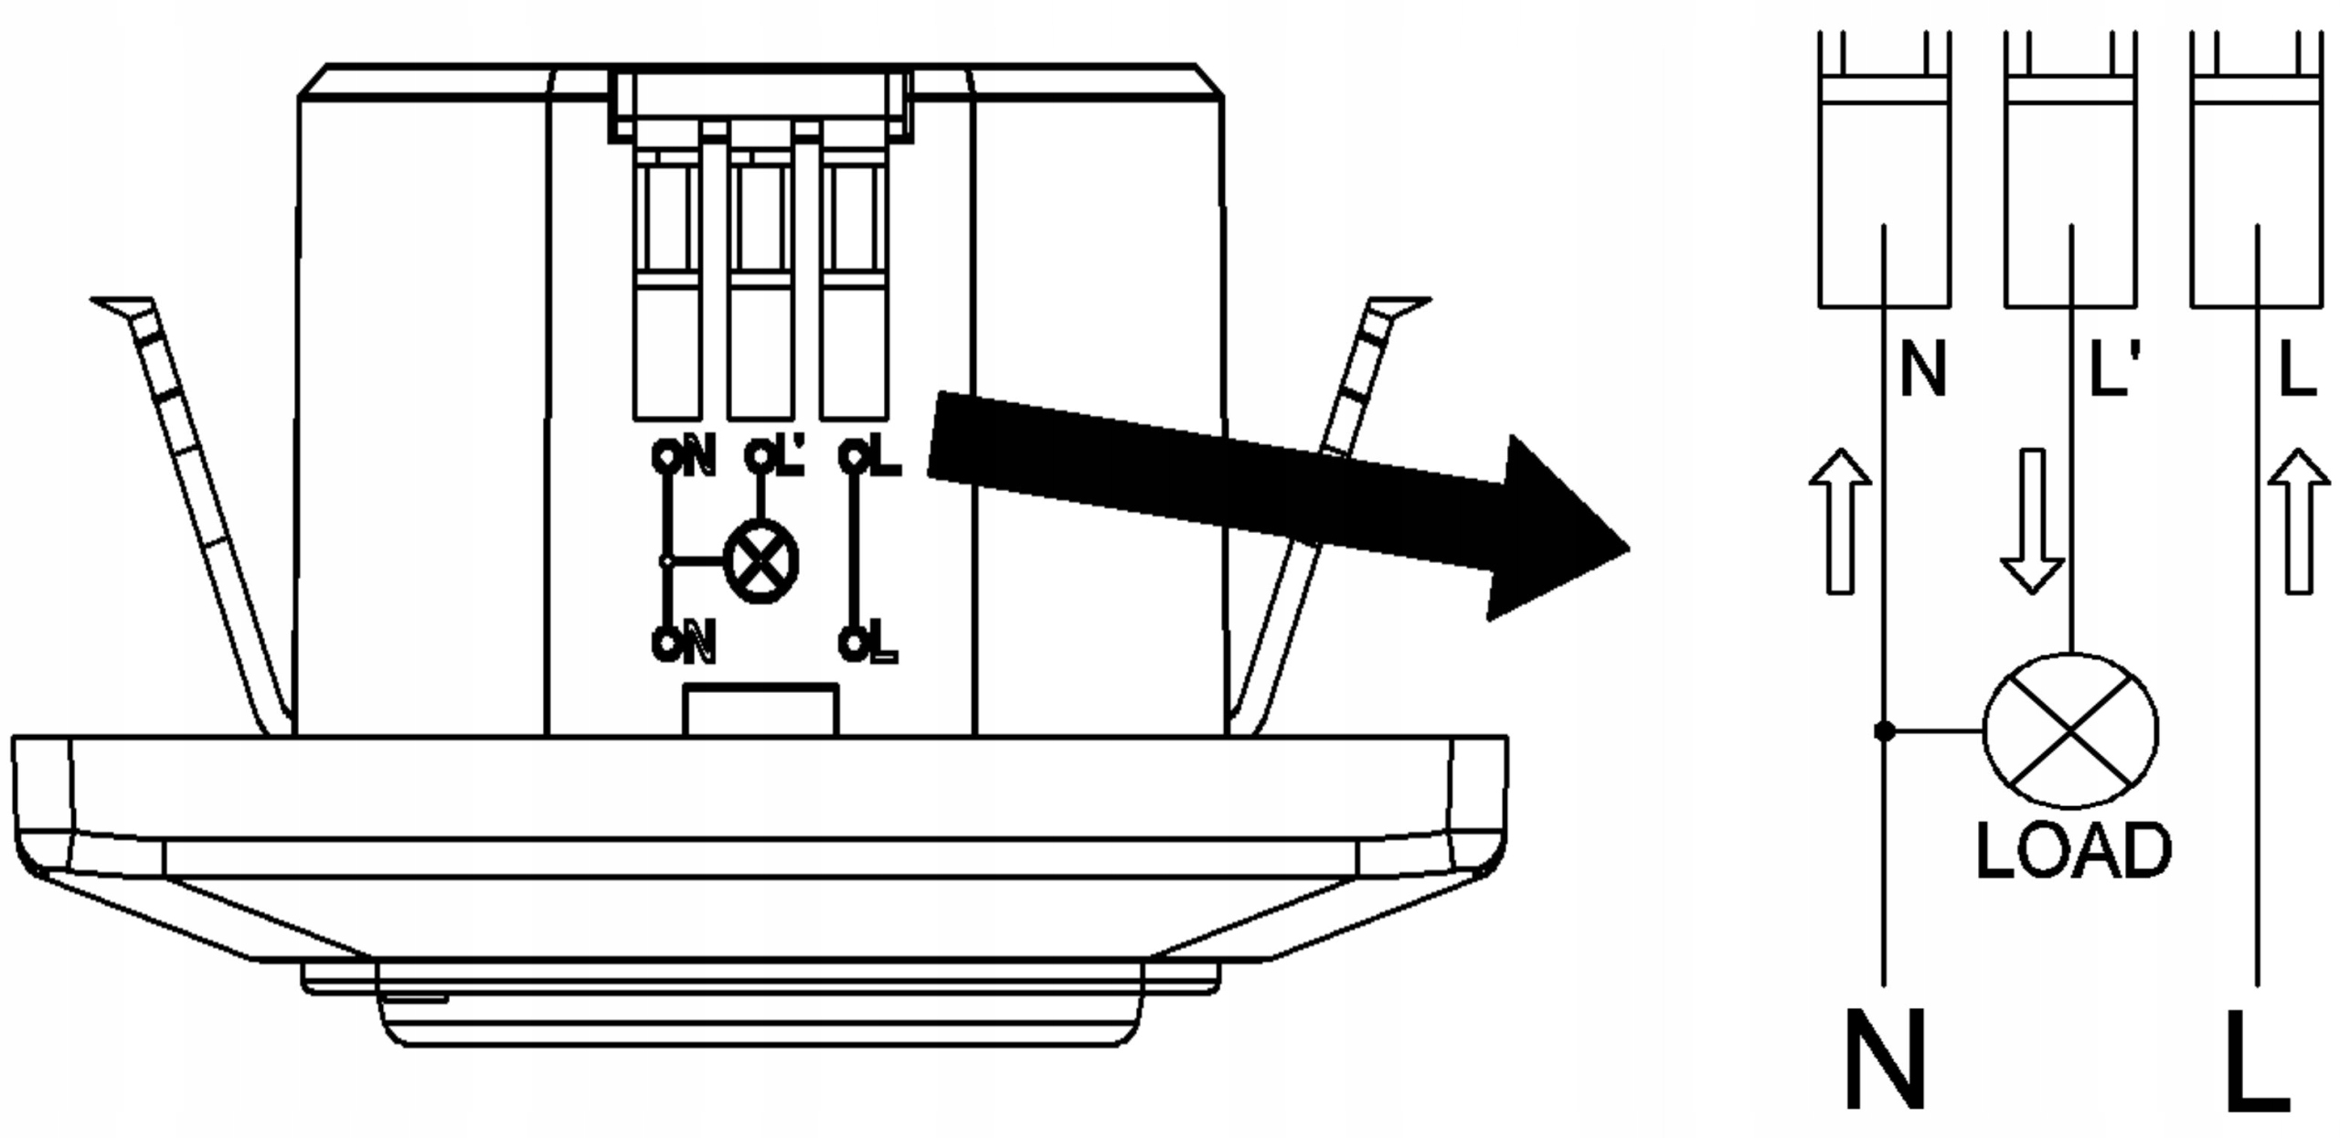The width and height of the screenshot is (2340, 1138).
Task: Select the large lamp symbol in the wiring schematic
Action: (2070, 731)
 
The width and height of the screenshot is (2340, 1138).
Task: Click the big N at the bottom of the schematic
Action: (1885, 1060)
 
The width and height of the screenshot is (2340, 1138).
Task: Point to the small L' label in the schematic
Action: (2115, 369)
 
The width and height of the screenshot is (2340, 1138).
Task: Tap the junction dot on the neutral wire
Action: (1883, 731)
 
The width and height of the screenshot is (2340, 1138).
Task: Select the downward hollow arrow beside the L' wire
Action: (2031, 521)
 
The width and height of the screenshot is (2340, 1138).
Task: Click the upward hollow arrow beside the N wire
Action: (1840, 521)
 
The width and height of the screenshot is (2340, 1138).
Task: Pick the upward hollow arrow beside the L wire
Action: (2299, 521)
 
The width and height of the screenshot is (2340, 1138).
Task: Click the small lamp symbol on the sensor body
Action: (760, 561)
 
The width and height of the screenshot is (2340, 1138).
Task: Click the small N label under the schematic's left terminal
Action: (1923, 369)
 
